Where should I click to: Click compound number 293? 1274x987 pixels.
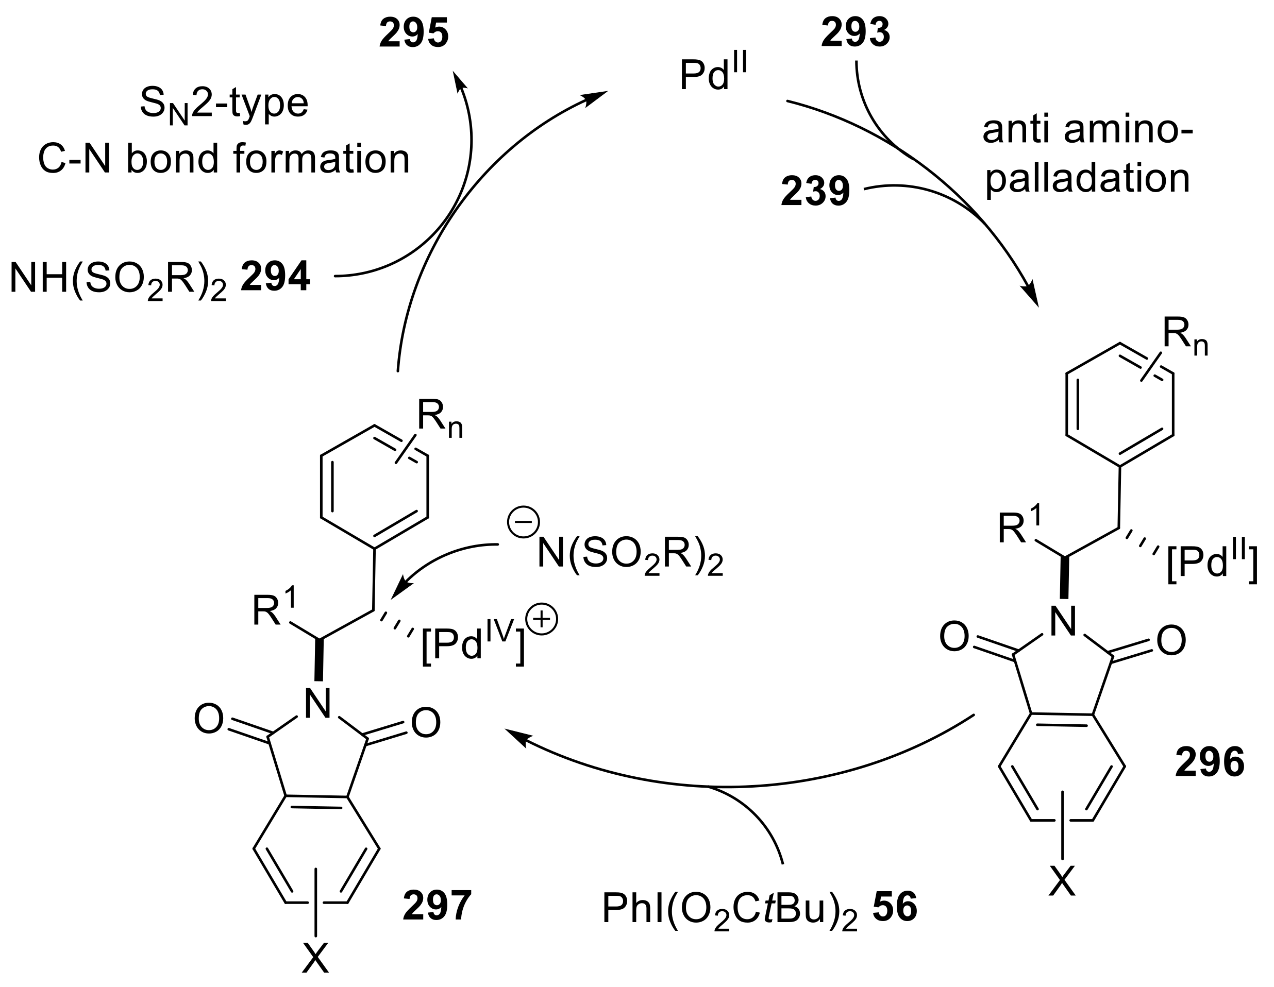pyautogui.click(x=855, y=33)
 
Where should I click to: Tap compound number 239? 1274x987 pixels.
pyautogui.click(x=815, y=192)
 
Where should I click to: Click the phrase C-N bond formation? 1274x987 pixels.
pyautogui.click(x=224, y=159)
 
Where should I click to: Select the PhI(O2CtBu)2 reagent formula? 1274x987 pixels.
pyautogui.click(x=729, y=909)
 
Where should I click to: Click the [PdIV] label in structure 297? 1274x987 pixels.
pyautogui.click(x=473, y=644)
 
